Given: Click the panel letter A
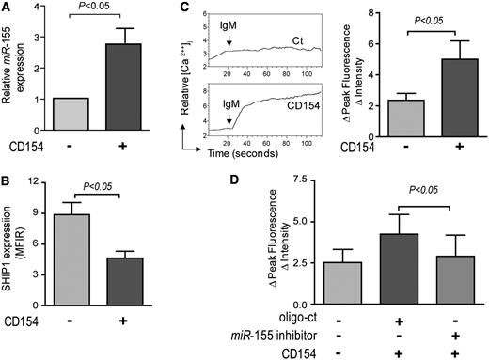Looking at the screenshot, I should (x=8, y=10).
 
